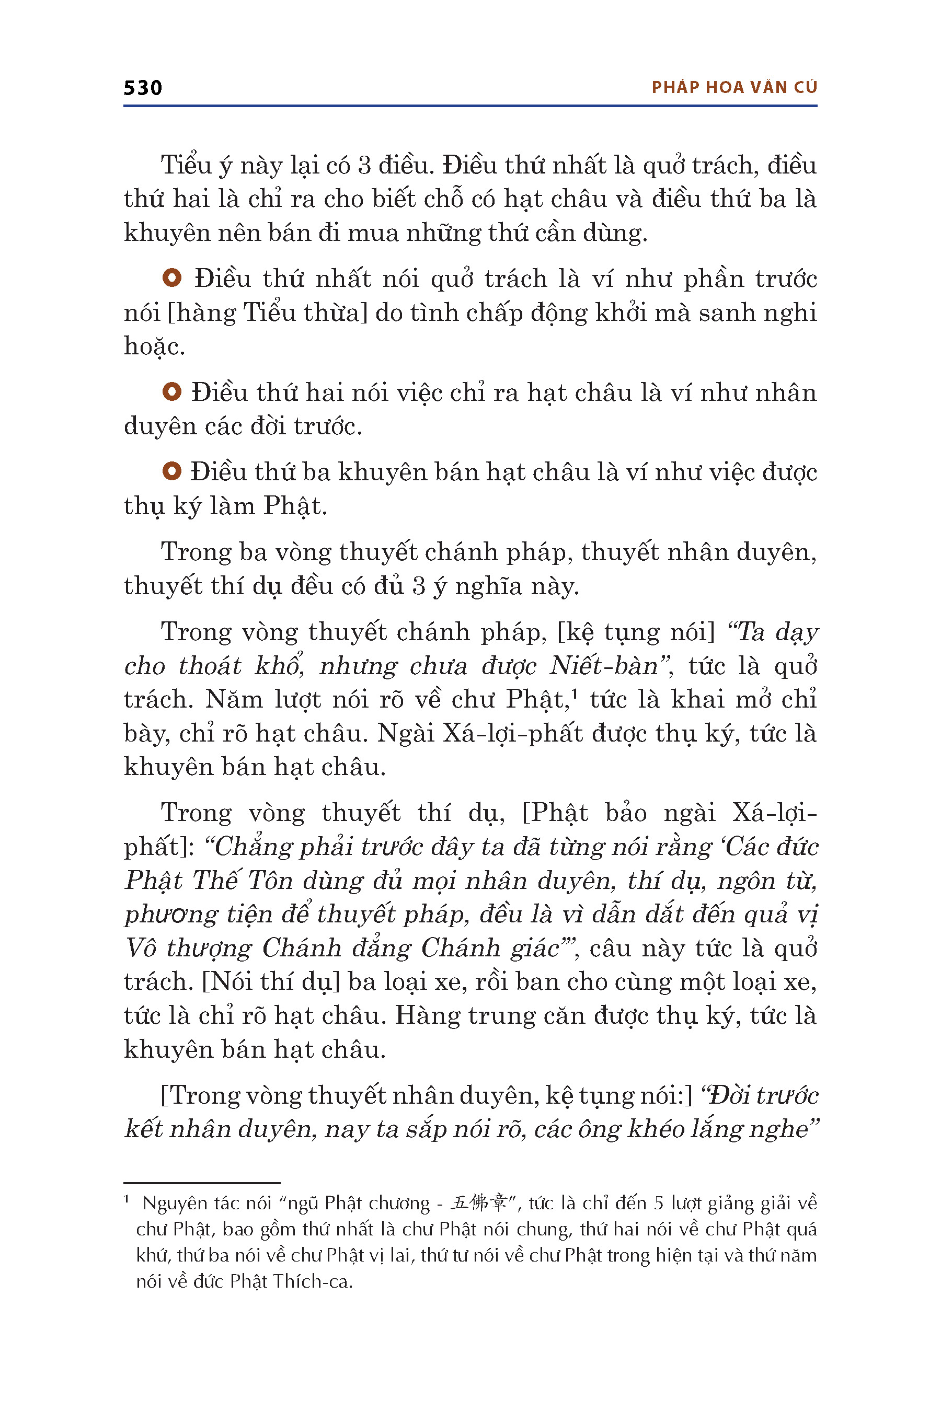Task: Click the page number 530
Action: click(x=143, y=88)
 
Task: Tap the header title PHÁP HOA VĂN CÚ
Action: click(x=734, y=88)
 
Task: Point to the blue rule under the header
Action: click(x=470, y=106)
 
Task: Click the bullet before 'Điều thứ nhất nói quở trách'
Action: click(x=171, y=278)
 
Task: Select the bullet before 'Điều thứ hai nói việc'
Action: click(x=171, y=392)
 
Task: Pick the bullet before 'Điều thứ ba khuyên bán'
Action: click(x=171, y=471)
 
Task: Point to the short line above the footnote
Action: click(x=202, y=1183)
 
